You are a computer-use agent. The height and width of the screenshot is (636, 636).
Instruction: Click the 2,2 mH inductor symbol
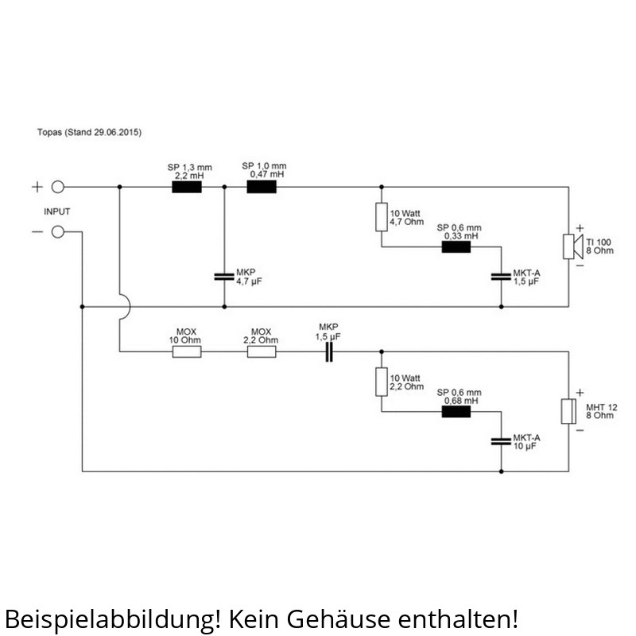[188, 188]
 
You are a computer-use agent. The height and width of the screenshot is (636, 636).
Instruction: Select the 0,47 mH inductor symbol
[262, 188]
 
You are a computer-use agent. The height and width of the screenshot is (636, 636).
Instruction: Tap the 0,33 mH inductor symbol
[456, 246]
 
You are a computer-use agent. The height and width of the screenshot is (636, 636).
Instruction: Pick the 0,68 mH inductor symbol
[456, 412]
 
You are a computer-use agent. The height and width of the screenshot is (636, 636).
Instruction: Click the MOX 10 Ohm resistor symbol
[188, 351]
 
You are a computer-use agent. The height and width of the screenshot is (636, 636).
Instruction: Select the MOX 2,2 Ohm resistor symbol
[262, 351]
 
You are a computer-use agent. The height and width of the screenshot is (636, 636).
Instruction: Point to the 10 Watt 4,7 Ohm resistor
[382, 217]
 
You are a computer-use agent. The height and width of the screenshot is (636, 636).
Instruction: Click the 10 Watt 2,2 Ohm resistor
[382, 382]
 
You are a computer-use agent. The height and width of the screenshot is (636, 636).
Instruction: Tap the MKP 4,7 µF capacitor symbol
[224, 277]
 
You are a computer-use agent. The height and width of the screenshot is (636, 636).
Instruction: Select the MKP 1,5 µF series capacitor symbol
[328, 351]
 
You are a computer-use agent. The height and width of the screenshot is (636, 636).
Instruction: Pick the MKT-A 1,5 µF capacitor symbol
[501, 277]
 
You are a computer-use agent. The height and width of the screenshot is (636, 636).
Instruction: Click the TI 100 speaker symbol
[568, 246]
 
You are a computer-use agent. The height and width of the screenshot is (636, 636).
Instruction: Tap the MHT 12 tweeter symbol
[568, 412]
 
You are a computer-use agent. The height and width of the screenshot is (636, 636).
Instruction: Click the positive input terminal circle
[58, 188]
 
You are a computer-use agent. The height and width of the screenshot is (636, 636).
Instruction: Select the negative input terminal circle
[58, 232]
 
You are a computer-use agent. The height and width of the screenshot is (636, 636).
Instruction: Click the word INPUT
[56, 211]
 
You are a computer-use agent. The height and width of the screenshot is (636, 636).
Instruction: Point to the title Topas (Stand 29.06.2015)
[89, 132]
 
